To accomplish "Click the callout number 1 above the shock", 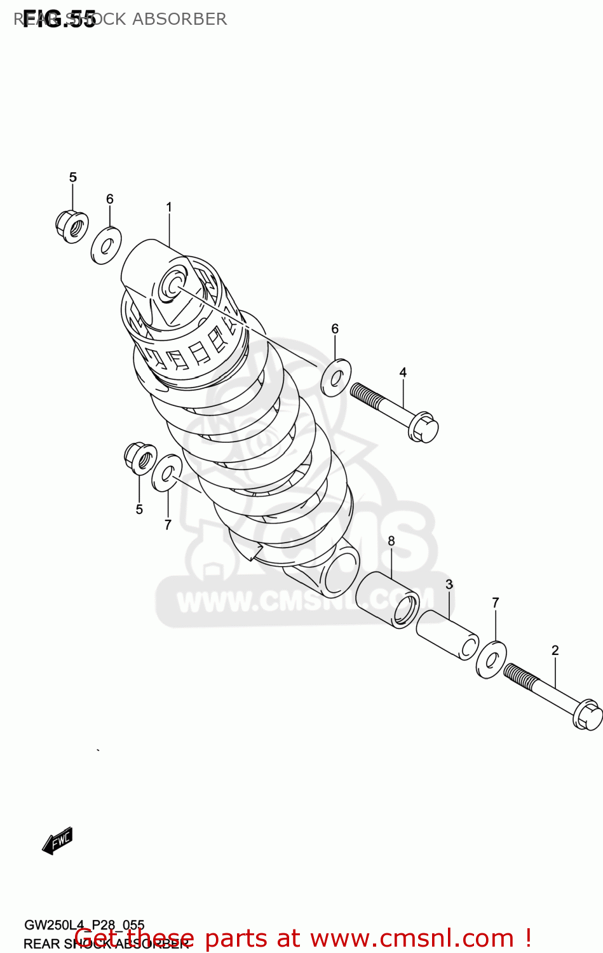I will pos(169,207).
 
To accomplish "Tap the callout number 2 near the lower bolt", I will pos(555,650).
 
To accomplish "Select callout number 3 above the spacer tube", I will pos(449,585).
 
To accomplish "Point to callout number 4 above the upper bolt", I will pos(403,372).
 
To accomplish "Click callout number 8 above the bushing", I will pos(391,541).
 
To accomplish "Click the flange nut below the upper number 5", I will pos(71,226).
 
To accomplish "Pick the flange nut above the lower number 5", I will pos(140,458).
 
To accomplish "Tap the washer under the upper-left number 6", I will pos(106,245).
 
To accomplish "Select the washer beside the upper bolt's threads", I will pos(335,377).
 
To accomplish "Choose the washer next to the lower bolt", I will pos(491,659).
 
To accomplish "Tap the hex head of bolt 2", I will pos(588,715).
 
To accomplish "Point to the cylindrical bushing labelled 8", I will pos(387,599).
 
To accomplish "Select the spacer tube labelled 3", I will pos(447,635).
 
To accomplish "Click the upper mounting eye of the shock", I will pos(173,283).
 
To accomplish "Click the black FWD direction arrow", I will pos(58,841).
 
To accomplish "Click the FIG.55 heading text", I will pos(58,20).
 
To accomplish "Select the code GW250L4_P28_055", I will pos(84,925).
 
